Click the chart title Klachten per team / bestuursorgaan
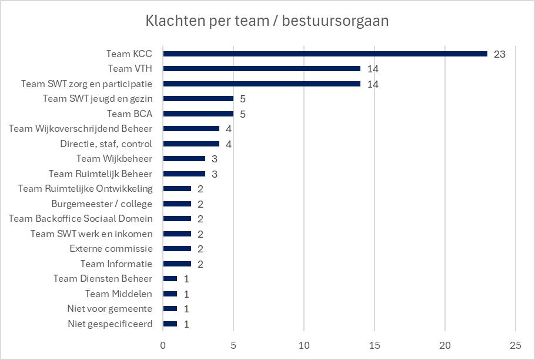click(267, 21)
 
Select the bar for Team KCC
click(325, 54)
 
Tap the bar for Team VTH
click(262, 69)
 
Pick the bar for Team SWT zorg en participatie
click(262, 84)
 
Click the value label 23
click(500, 54)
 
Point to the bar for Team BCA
click(198, 114)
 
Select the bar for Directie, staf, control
click(191, 144)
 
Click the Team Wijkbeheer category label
click(114, 159)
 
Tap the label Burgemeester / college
click(102, 204)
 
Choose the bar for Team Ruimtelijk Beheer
click(184, 174)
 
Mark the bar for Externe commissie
click(177, 249)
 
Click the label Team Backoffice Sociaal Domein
click(81, 219)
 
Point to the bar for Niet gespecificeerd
click(170, 324)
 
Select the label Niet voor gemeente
click(110, 309)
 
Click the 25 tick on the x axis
click(515, 345)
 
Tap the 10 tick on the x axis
click(304, 345)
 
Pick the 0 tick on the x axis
click(163, 345)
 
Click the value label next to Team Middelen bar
click(186, 294)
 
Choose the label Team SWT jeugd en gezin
click(98, 99)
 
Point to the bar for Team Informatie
click(177, 264)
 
